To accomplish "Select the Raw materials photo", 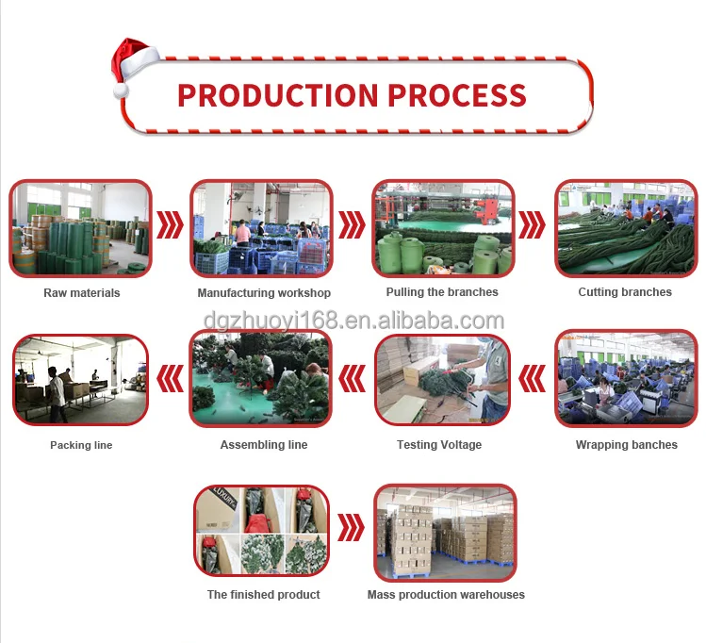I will click(x=81, y=229).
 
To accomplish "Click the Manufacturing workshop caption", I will click(x=264, y=293).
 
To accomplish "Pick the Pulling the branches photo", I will click(x=442, y=229).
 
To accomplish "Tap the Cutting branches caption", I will click(x=625, y=292).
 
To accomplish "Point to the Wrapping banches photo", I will click(x=626, y=378).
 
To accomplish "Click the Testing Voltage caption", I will click(x=439, y=445).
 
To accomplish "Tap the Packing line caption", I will click(x=81, y=445).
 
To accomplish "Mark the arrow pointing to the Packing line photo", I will click(x=170, y=379).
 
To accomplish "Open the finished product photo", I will click(x=263, y=530).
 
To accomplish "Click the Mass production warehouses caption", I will click(x=446, y=595).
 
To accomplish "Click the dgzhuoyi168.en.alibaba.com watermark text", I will click(x=353, y=321).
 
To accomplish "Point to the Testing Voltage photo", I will click(x=443, y=378).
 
